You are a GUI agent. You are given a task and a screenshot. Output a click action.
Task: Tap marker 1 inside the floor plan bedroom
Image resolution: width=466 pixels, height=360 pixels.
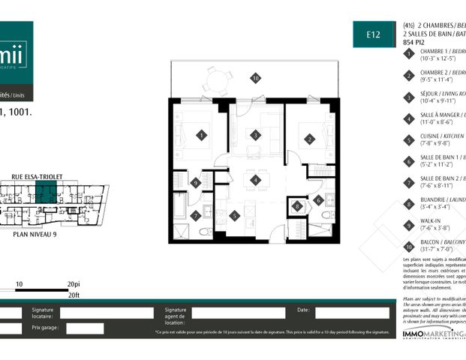coord(201,136)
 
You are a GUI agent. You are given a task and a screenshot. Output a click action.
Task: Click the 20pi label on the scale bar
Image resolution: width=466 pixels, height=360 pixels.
coord(73,285)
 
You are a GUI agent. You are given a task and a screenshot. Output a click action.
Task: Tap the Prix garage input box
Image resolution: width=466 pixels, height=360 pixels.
coord(85,328)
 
